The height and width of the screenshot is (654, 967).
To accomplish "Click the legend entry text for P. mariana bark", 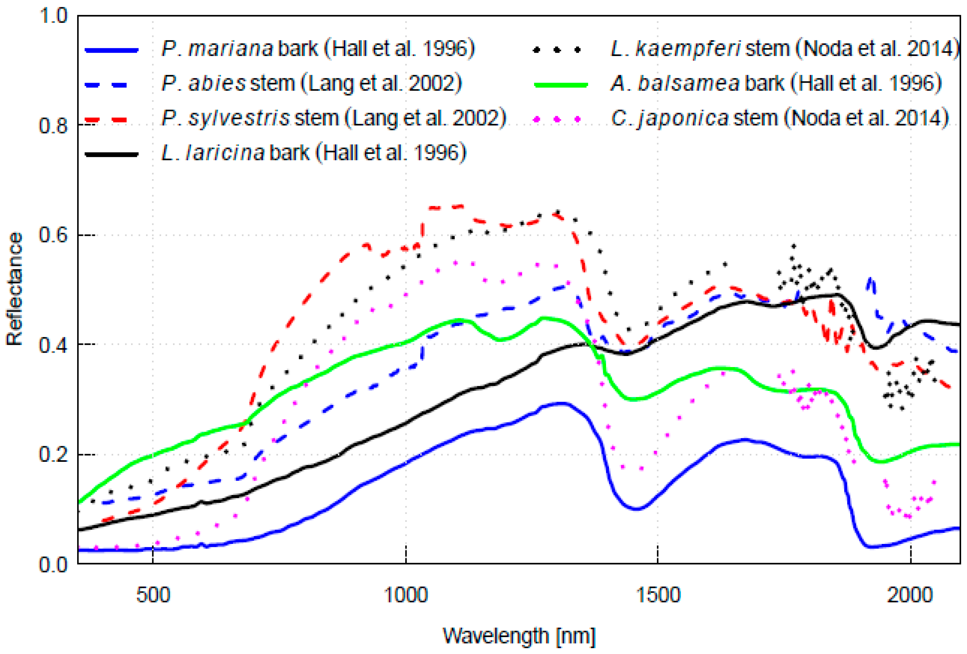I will tap(318, 49).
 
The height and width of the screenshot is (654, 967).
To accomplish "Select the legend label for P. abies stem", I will tap(311, 84).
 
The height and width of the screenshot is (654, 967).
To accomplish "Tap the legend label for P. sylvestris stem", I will tap(333, 118).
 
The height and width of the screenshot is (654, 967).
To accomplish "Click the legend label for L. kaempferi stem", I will tap(784, 49).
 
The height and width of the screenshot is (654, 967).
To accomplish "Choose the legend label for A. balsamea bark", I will tap(776, 84).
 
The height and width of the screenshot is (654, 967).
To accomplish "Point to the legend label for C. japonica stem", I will tap(779, 118).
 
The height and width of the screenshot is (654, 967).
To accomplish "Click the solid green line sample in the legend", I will tap(560, 84).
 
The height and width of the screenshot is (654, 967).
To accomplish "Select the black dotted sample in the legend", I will tap(557, 50).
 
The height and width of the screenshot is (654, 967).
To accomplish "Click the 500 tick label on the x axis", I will tap(153, 595).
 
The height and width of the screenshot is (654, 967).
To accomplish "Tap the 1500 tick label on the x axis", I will tap(658, 595).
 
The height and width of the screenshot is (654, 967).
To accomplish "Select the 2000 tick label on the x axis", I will tap(910, 595).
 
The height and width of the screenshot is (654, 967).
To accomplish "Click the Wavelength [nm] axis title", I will tap(519, 636).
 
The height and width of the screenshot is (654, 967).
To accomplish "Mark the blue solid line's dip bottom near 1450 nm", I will tap(637, 509).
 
